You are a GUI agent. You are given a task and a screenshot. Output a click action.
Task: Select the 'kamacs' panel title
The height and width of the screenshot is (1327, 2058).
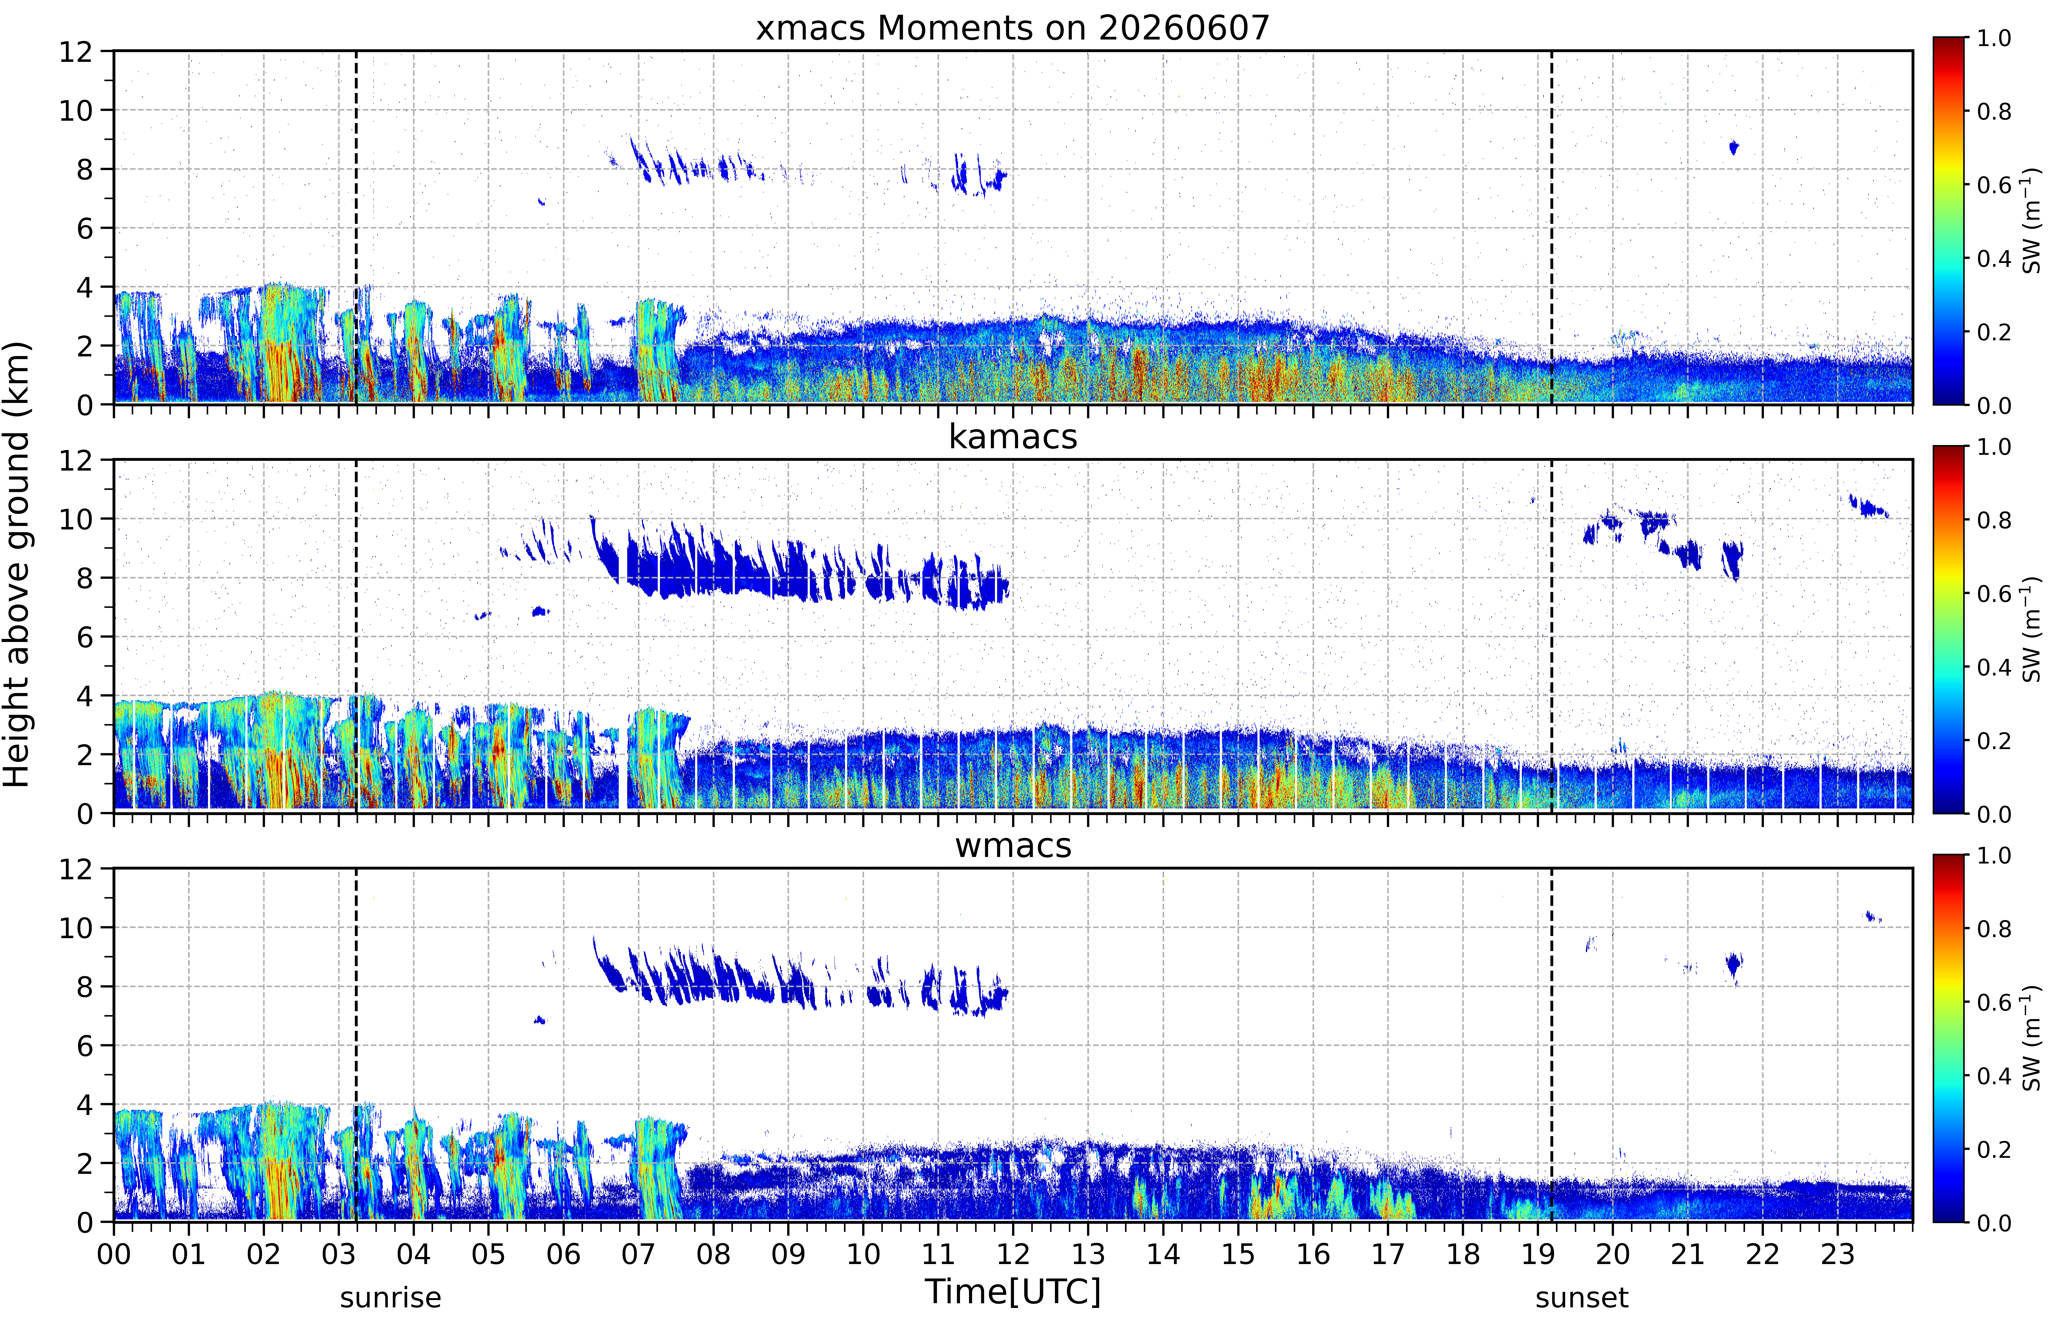(1013, 437)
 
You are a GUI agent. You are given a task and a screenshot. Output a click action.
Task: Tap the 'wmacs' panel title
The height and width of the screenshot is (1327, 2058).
(1013, 845)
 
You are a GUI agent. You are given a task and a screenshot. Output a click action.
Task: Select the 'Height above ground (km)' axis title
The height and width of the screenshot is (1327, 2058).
(17, 564)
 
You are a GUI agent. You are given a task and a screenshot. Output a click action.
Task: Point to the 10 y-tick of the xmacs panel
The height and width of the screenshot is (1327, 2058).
(76, 110)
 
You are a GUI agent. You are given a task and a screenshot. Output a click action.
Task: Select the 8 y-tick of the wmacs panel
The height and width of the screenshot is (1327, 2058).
(85, 987)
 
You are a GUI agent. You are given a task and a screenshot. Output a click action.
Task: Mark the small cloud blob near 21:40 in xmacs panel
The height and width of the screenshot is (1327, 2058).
(1734, 147)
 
